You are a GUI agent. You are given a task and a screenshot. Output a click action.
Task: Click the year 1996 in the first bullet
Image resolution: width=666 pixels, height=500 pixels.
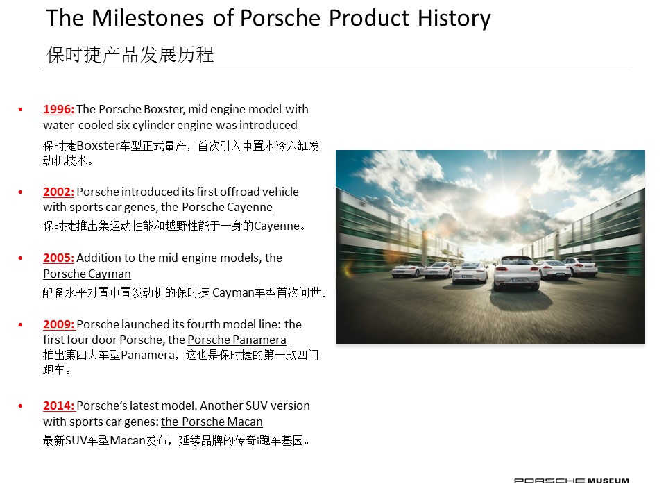[58, 109]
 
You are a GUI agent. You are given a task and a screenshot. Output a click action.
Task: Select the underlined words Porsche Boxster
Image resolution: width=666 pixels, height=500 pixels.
[142, 109]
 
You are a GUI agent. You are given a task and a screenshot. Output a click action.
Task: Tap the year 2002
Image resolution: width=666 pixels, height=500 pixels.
[58, 192]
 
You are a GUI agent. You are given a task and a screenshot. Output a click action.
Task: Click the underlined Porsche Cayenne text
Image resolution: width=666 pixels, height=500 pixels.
[228, 208]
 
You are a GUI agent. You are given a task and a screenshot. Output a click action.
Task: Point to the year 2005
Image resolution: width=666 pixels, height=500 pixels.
[58, 258]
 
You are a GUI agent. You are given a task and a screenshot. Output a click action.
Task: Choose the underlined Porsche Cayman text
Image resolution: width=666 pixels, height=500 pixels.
[87, 274]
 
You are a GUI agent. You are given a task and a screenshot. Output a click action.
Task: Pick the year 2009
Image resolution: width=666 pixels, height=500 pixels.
[59, 324]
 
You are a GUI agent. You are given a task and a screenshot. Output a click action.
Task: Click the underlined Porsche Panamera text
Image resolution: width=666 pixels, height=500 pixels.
[237, 340]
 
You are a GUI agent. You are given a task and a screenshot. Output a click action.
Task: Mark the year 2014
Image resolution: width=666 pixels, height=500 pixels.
[59, 406]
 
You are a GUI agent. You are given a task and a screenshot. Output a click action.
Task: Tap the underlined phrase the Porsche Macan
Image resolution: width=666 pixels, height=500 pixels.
[212, 422]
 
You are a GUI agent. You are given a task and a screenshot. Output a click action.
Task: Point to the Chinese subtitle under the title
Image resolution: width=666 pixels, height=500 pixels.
[130, 54]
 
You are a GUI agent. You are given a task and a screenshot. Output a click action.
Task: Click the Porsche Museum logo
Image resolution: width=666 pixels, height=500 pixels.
[571, 481]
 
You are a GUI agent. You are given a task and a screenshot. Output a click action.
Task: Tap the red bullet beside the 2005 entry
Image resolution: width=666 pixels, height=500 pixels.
[20, 258]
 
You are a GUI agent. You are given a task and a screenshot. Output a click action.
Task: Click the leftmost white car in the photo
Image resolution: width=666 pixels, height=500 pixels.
[408, 270]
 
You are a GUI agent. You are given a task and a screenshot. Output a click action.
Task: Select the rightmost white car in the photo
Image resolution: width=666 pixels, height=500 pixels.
[581, 266]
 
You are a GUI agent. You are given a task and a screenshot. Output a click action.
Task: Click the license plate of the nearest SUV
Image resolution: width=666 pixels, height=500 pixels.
[520, 280]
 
